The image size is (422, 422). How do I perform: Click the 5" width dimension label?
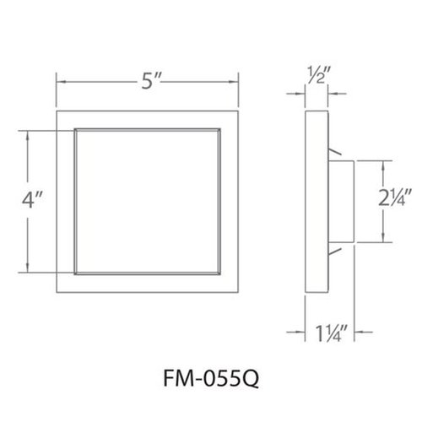click(149, 84)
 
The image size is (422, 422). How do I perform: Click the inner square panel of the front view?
click(149, 202)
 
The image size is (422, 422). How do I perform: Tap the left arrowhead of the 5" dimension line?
click(59, 82)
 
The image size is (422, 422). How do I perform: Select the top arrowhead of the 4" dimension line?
click(30, 132)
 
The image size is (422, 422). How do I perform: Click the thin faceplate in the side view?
click(314, 202)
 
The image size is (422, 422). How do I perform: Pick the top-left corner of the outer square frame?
click(56, 109)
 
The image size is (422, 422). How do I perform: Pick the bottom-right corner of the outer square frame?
click(241, 295)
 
